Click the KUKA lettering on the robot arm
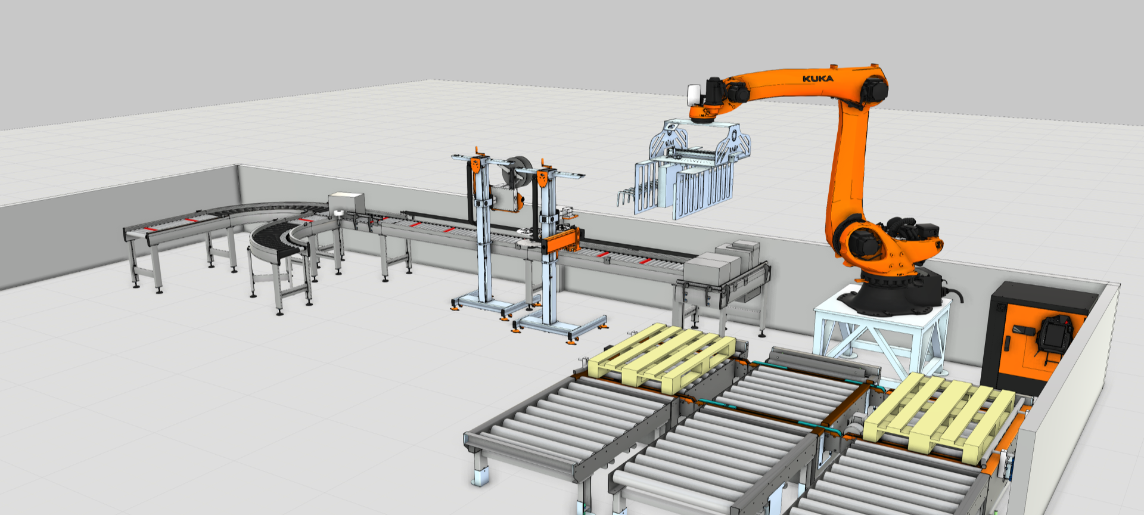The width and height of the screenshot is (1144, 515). point(817,79)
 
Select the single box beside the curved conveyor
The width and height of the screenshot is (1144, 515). point(346,203)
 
